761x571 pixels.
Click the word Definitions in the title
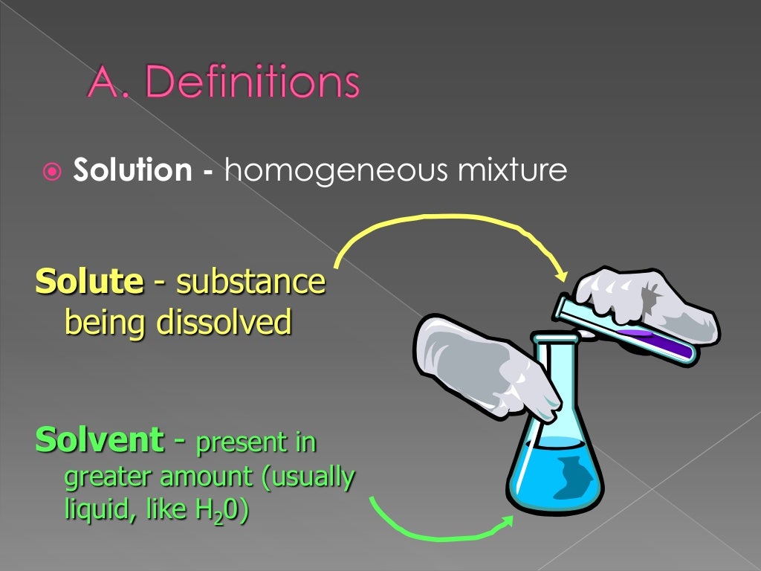[x=253, y=83]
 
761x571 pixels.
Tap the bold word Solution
[x=132, y=171]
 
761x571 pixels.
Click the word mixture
[x=511, y=171]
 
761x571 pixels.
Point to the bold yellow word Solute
[x=89, y=283]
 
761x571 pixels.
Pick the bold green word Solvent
[x=99, y=440]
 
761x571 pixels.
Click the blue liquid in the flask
[x=554, y=468]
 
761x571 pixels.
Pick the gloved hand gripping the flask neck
[x=476, y=364]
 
